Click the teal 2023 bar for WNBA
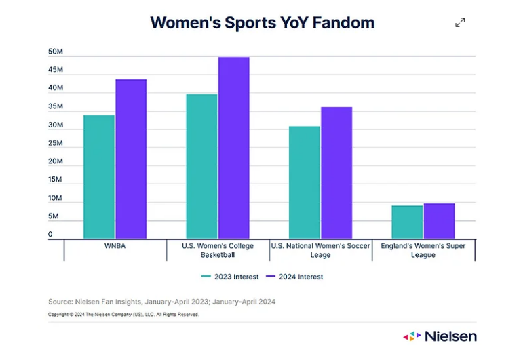[x=99, y=176]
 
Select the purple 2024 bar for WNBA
[x=131, y=159]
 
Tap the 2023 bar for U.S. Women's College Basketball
[x=201, y=166]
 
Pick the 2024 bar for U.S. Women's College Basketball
[x=233, y=148]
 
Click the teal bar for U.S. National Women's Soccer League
[x=304, y=182]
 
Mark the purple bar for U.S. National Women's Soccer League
[x=336, y=173]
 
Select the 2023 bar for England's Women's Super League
[x=407, y=222]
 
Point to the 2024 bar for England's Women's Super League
[x=439, y=220]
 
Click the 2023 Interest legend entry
[x=228, y=277]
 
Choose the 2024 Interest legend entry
[x=294, y=277]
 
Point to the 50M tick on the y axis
[x=56, y=52]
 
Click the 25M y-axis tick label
[x=56, y=144]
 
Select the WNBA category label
[x=115, y=246]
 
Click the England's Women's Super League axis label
[x=423, y=250]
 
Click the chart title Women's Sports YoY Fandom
[x=262, y=22]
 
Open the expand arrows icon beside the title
[x=460, y=22]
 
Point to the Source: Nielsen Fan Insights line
[x=161, y=301]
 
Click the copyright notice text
[x=123, y=315]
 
